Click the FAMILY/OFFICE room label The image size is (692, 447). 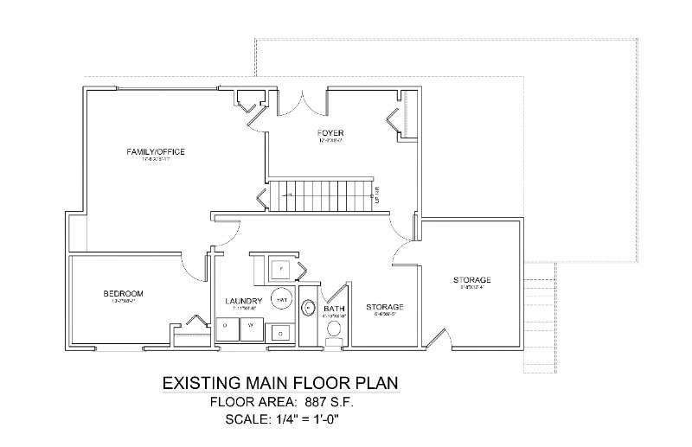point(156,152)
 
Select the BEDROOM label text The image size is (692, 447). point(122,294)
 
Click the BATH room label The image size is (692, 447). point(334,309)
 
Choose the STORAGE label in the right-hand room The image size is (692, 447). point(472,280)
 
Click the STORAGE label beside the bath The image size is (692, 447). point(384,307)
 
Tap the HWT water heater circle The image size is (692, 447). point(281,298)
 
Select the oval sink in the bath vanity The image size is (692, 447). point(309,308)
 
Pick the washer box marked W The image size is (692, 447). point(252,325)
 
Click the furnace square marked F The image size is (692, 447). point(280,269)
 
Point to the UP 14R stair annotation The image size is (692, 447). point(377,198)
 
